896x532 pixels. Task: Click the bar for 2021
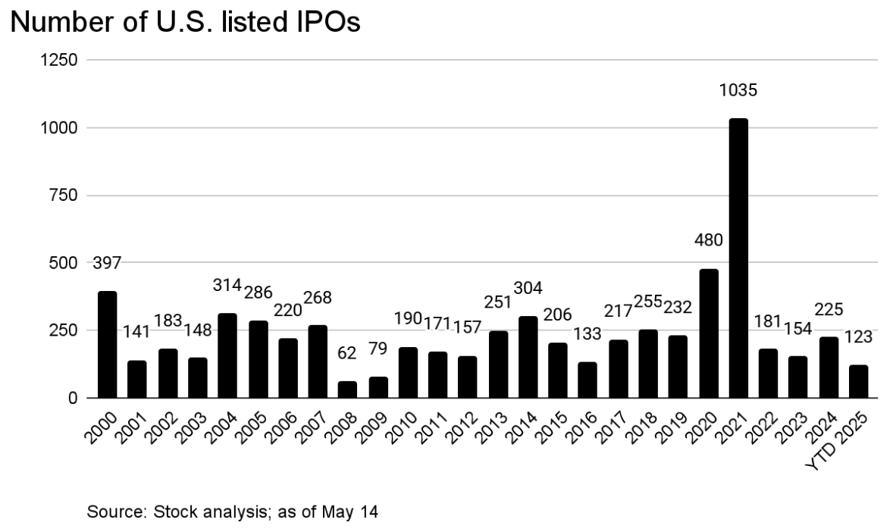pos(738,258)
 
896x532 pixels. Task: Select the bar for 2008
pos(347,390)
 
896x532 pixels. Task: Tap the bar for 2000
pos(107,344)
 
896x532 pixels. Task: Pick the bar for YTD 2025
pos(858,381)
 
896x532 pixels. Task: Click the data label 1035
pos(738,91)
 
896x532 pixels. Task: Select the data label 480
pos(708,241)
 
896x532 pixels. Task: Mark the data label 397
pos(107,264)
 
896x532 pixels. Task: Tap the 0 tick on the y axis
pos(73,398)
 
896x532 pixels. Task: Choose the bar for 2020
pos(708,333)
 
